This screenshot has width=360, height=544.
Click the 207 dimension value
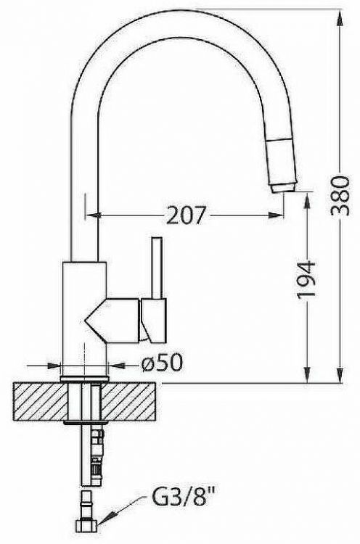click(187, 215)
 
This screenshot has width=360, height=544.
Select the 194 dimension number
click(308, 280)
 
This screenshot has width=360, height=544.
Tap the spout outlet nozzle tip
click(283, 187)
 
